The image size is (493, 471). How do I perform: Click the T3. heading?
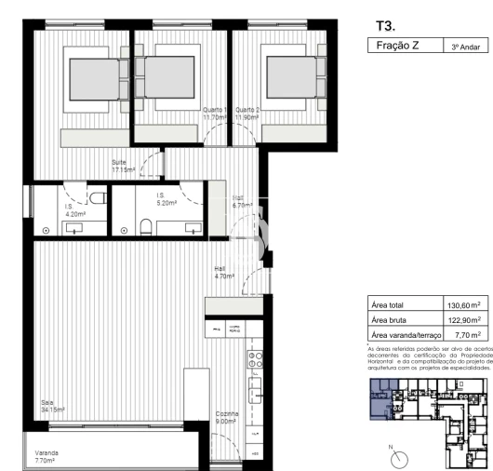(x=384, y=26)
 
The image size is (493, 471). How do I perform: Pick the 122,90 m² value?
(x=463, y=319)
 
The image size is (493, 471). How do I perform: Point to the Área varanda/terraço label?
(x=404, y=335)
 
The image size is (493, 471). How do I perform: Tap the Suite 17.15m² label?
(x=124, y=167)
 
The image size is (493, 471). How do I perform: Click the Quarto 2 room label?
(x=246, y=114)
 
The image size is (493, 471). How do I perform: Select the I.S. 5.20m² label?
(x=167, y=198)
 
